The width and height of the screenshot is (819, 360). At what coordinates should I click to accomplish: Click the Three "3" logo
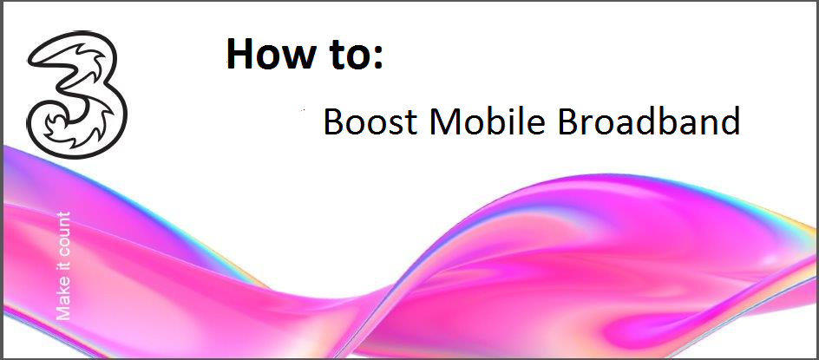(x=77, y=94)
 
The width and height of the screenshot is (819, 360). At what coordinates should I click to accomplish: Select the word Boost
(x=370, y=121)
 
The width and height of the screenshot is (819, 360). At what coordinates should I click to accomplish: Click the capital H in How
(x=240, y=54)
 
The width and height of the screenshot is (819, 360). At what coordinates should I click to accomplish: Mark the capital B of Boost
(x=333, y=121)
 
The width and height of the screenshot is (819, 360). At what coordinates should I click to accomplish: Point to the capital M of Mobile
(x=444, y=121)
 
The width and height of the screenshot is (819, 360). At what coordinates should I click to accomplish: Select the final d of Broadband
(x=731, y=121)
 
